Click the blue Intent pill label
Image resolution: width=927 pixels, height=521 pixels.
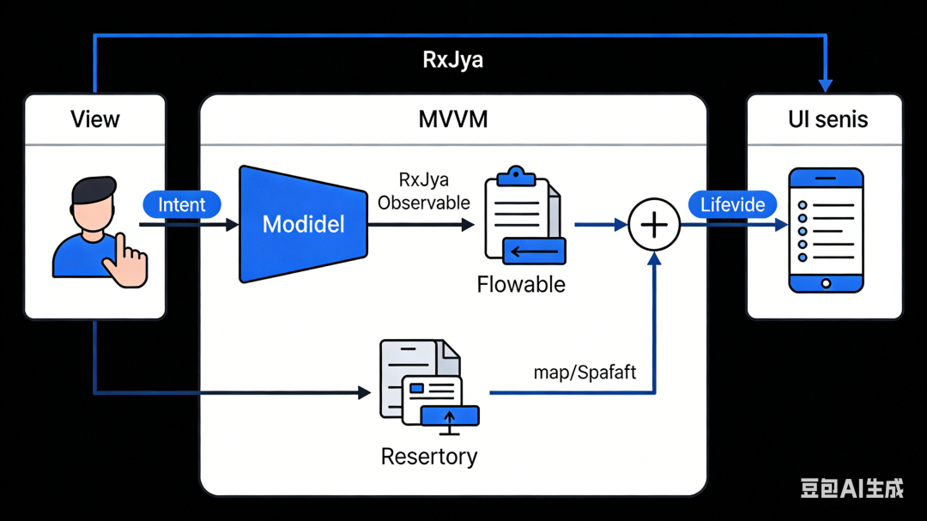point(181,205)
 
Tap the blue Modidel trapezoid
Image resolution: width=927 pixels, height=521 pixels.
point(303,225)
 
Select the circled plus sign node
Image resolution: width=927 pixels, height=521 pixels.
point(654,225)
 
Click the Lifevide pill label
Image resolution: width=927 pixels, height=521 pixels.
point(732,205)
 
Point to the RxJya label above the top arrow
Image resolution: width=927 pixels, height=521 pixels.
point(452,60)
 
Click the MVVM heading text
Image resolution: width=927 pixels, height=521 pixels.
point(452,119)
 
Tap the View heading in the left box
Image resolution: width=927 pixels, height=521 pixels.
point(94,119)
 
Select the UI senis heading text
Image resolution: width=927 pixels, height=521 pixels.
point(827,119)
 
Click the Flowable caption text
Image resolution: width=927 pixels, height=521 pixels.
point(521,284)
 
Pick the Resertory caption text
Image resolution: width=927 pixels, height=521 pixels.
point(428,456)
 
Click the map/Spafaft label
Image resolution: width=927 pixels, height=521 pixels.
point(585,373)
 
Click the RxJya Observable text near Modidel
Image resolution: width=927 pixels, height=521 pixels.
point(423,191)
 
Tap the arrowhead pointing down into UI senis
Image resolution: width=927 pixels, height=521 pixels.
point(826,86)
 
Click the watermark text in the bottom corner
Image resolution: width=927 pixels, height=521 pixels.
point(851,488)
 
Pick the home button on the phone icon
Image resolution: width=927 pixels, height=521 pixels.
point(826,283)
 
